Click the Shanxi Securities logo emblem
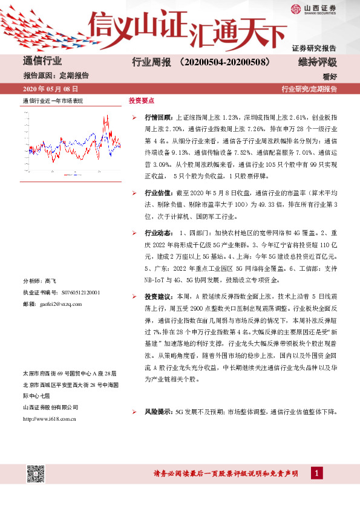[295, 8]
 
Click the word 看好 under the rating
[329, 76]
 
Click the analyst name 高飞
[50, 282]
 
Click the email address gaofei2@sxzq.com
[59, 303]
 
